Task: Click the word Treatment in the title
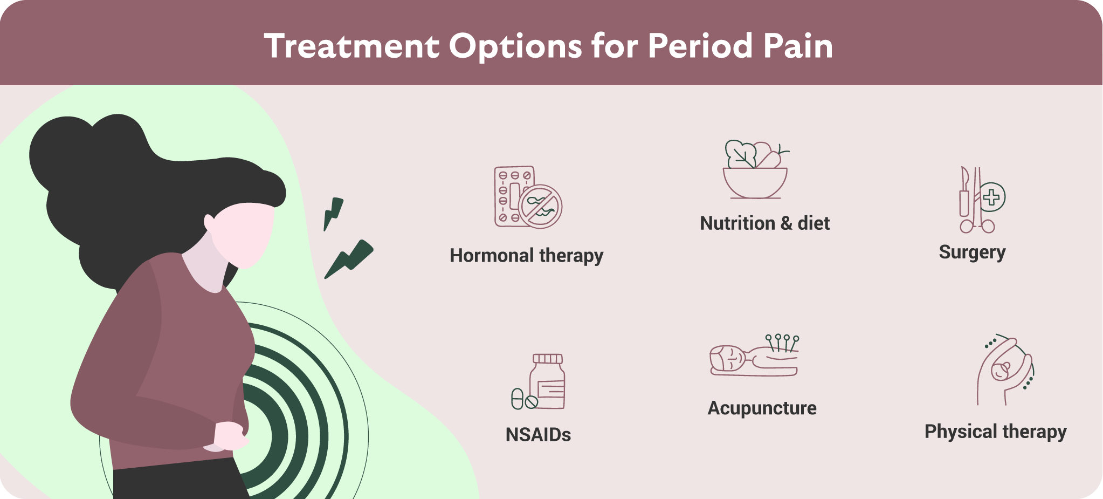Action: click(x=352, y=46)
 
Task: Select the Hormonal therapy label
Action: click(x=527, y=256)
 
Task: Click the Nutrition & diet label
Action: click(x=765, y=223)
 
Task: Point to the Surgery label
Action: click(x=973, y=252)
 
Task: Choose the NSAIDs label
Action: click(x=539, y=435)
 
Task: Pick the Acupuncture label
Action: click(x=762, y=408)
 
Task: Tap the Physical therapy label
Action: click(x=996, y=432)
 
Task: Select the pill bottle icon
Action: click(x=548, y=381)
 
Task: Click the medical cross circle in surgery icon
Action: click(x=991, y=197)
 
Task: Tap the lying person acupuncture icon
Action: click(x=754, y=356)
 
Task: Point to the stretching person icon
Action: click(x=1005, y=370)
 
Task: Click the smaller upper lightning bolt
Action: click(x=333, y=214)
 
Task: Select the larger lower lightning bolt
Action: click(x=349, y=259)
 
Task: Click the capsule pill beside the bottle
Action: click(x=518, y=399)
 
